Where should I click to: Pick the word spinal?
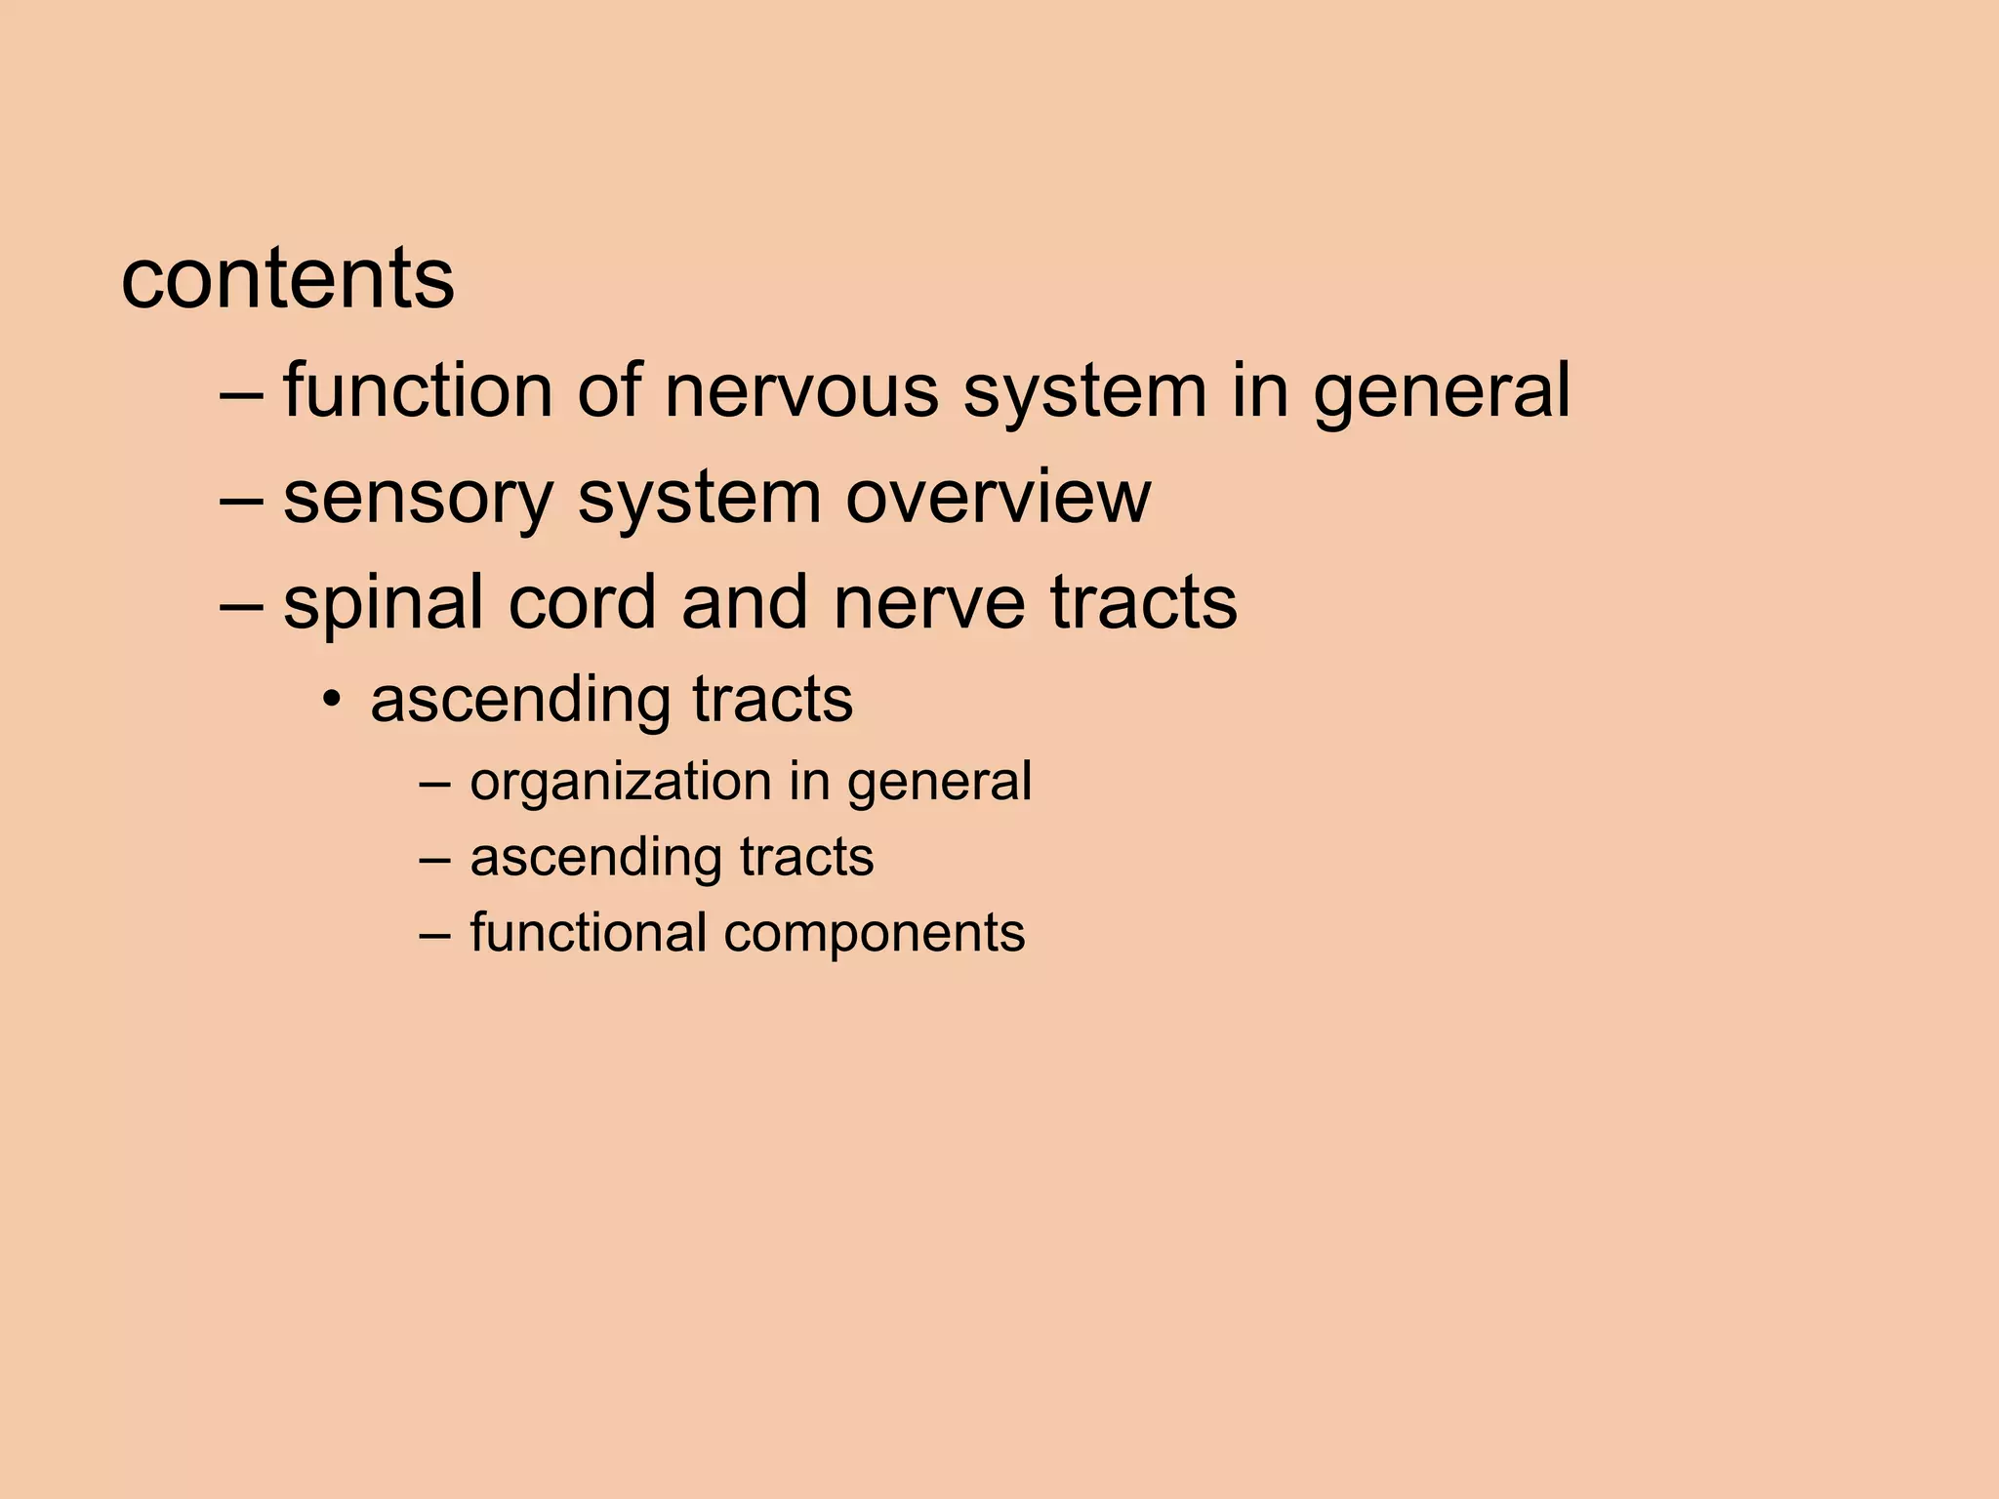[x=384, y=603]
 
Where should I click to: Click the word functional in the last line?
[x=588, y=932]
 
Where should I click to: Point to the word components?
[x=875, y=934]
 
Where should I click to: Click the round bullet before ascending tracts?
[x=334, y=700]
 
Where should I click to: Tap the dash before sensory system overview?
[x=241, y=498]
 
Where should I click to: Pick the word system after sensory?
[x=699, y=498]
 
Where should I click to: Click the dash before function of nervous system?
[x=241, y=392]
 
